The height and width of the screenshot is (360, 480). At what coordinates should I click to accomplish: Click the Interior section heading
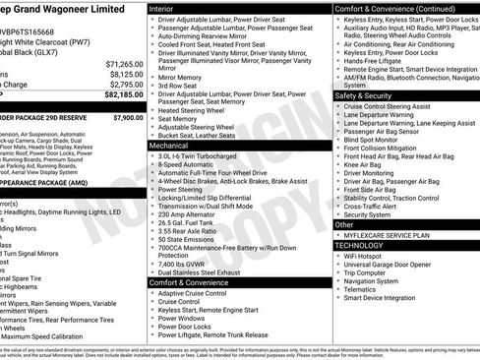(x=167, y=8)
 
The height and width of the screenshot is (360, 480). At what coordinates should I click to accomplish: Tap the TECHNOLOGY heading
(x=365, y=245)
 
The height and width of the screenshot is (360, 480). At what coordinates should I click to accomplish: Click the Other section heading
(x=349, y=225)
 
